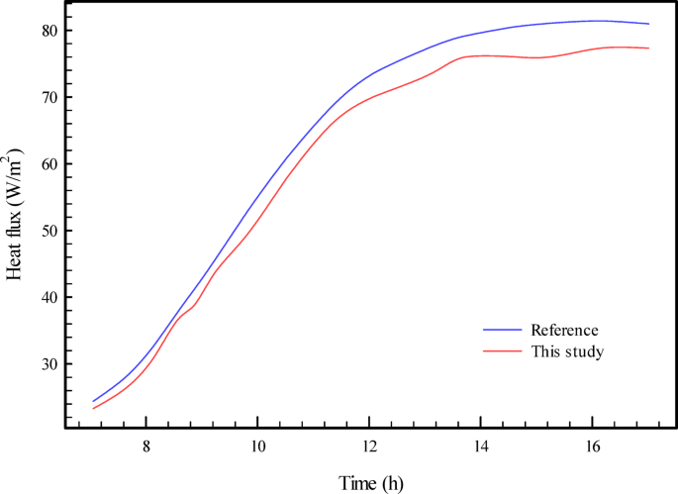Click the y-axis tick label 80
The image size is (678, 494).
pos(47,31)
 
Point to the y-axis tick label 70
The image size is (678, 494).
pos(47,97)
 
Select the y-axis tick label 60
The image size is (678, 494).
pos(47,164)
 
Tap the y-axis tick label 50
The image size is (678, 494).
pos(47,231)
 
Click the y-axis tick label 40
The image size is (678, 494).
pos(47,298)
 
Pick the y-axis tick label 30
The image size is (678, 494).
pos(47,364)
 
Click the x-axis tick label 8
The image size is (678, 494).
pos(146,446)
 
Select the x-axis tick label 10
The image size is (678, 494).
pos(257,446)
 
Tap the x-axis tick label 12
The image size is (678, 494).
pos(369,446)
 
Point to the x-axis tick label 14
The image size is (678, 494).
pos(480,446)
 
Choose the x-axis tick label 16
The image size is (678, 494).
pos(592,446)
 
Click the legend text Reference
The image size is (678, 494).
pos(565,330)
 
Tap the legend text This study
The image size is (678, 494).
pos(567,350)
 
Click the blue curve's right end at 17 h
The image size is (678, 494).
pos(648,24)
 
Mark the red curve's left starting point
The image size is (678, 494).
pos(93,408)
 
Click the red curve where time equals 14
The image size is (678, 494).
pos(480,55)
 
